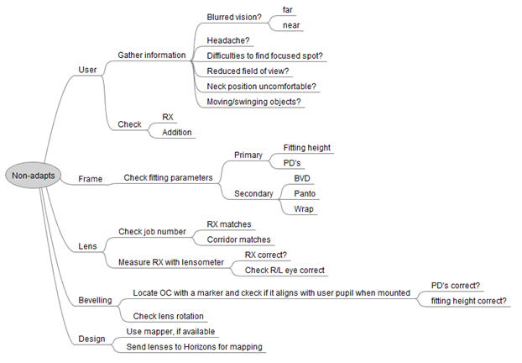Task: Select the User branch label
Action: [x=87, y=69]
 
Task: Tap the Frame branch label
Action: [x=90, y=178]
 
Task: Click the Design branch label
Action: [x=92, y=339]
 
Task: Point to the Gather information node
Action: [x=152, y=55]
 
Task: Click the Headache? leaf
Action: [x=228, y=39]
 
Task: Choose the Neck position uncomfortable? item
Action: [x=261, y=86]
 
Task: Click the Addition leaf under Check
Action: [x=178, y=132]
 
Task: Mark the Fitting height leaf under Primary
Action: [x=306, y=147]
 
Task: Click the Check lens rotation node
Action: [x=169, y=316]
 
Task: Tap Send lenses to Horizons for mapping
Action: [x=196, y=346]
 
